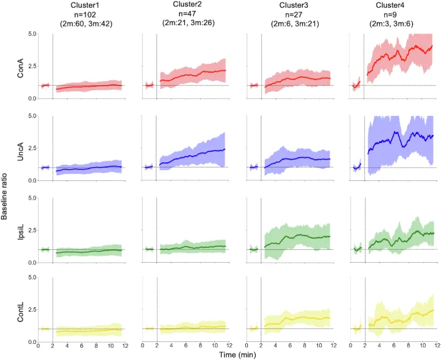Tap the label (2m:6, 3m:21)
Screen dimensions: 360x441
click(x=291, y=23)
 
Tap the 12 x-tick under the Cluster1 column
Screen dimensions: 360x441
click(x=125, y=347)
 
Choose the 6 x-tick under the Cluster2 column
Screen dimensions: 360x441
click(x=185, y=347)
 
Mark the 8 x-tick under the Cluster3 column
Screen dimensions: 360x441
click(x=304, y=347)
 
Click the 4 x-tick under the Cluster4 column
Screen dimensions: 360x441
click(x=379, y=347)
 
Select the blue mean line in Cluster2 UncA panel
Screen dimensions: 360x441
click(x=193, y=155)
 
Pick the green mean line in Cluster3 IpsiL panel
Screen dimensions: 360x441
click(x=296, y=236)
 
